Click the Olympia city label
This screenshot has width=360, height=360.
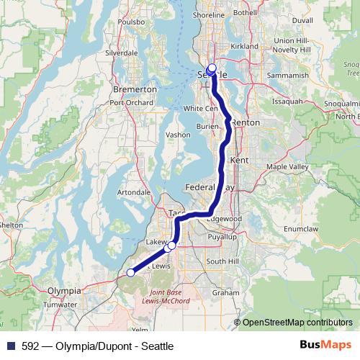pos(63,290)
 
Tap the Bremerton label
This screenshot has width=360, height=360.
pos(135,89)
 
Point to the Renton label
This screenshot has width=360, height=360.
pos(246,122)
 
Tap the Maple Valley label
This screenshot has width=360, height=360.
pos(287,167)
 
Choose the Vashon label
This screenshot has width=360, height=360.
pos(177,135)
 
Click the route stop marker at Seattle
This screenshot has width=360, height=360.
pos(212,68)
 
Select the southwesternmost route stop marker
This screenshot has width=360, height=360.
pos(130,272)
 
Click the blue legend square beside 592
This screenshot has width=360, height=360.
pos(10,346)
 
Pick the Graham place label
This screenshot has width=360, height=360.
pos(225,293)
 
